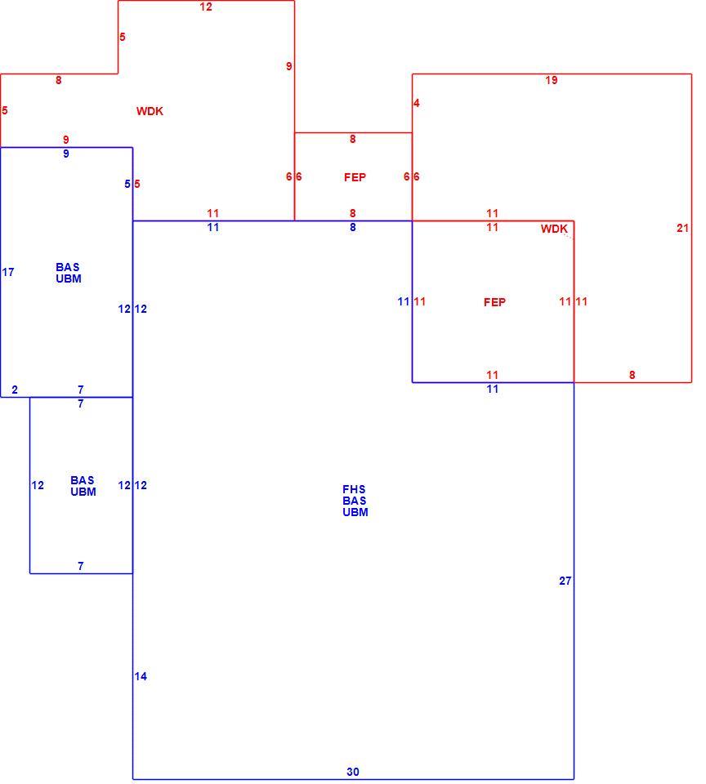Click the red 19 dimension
(551, 80)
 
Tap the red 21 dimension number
(682, 228)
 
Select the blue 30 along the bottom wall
(353, 772)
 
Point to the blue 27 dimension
(565, 581)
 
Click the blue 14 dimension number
(141, 676)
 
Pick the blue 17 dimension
(8, 272)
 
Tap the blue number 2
(15, 390)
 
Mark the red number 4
(416, 103)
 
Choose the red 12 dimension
(206, 7)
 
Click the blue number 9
(66, 154)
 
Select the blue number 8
(353, 227)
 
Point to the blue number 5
(127, 184)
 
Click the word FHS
(354, 489)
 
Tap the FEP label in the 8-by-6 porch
(355, 177)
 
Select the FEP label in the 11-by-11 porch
(494, 302)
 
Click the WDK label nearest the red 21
(554, 229)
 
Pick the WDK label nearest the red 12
(150, 111)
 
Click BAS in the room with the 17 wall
(68, 267)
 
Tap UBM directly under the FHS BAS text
(355, 512)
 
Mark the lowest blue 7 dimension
(81, 566)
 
